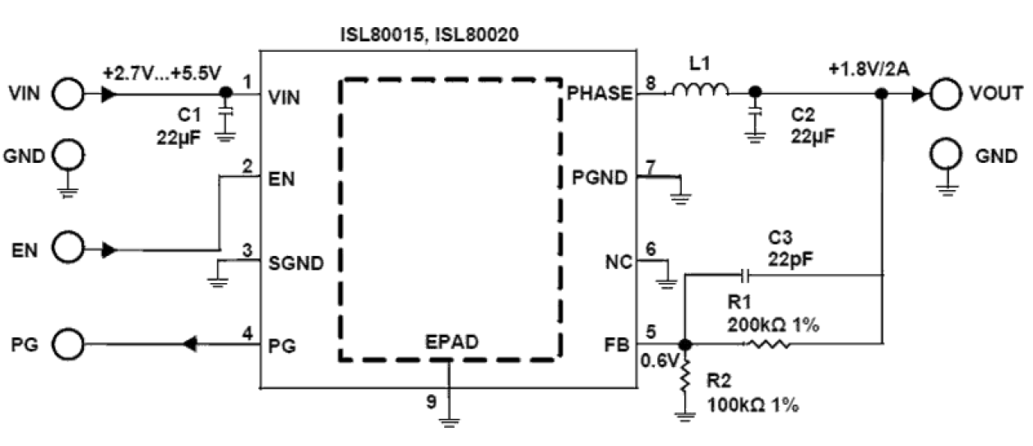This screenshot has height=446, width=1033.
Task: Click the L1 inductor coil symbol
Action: [700, 91]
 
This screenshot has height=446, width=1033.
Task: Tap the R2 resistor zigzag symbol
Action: [684, 378]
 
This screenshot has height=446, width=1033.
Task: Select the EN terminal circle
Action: [67, 248]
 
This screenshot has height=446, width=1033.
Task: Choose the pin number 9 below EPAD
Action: [430, 402]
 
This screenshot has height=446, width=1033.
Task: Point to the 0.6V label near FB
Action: [658, 360]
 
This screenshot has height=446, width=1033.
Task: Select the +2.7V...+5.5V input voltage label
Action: [162, 72]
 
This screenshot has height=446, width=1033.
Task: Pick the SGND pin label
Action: [296, 263]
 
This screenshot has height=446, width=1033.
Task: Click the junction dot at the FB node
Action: [684, 344]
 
